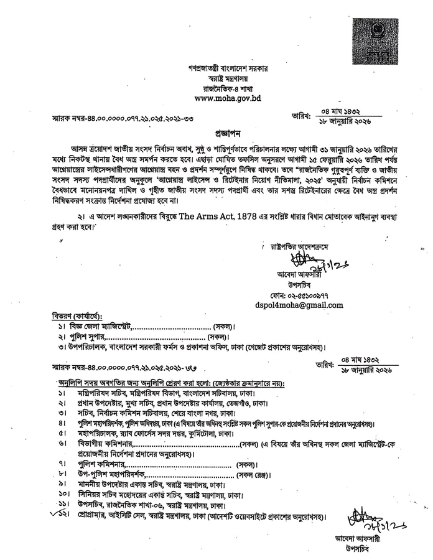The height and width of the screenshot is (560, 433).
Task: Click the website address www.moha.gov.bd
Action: (x=227, y=98)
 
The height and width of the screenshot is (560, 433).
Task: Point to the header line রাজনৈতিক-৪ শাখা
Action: (x=227, y=88)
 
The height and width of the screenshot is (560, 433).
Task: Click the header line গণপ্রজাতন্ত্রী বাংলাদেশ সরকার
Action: (x=227, y=69)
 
